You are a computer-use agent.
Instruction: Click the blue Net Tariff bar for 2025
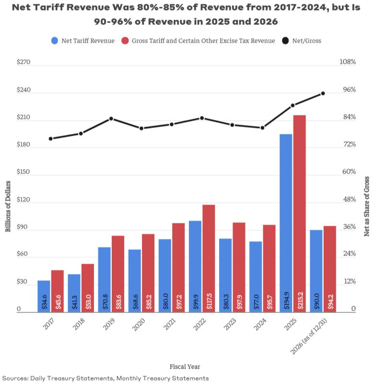click(x=286, y=223)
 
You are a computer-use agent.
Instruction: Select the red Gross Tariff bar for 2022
click(x=209, y=258)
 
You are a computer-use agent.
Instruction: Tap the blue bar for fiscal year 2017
click(x=44, y=296)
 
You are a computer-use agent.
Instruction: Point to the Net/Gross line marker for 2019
click(x=111, y=118)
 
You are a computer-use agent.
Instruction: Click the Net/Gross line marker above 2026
click(x=323, y=93)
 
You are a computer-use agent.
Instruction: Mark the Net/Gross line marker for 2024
click(x=262, y=128)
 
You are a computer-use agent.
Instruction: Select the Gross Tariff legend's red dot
click(x=126, y=41)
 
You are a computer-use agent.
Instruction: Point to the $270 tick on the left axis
click(x=23, y=62)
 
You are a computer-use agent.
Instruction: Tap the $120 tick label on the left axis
click(x=23, y=199)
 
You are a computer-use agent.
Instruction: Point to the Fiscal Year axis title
click(x=185, y=367)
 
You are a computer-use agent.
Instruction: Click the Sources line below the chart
click(x=105, y=378)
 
